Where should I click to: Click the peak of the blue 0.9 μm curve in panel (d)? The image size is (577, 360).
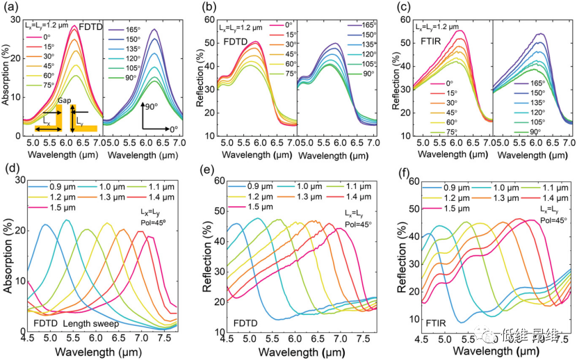(45, 224)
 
